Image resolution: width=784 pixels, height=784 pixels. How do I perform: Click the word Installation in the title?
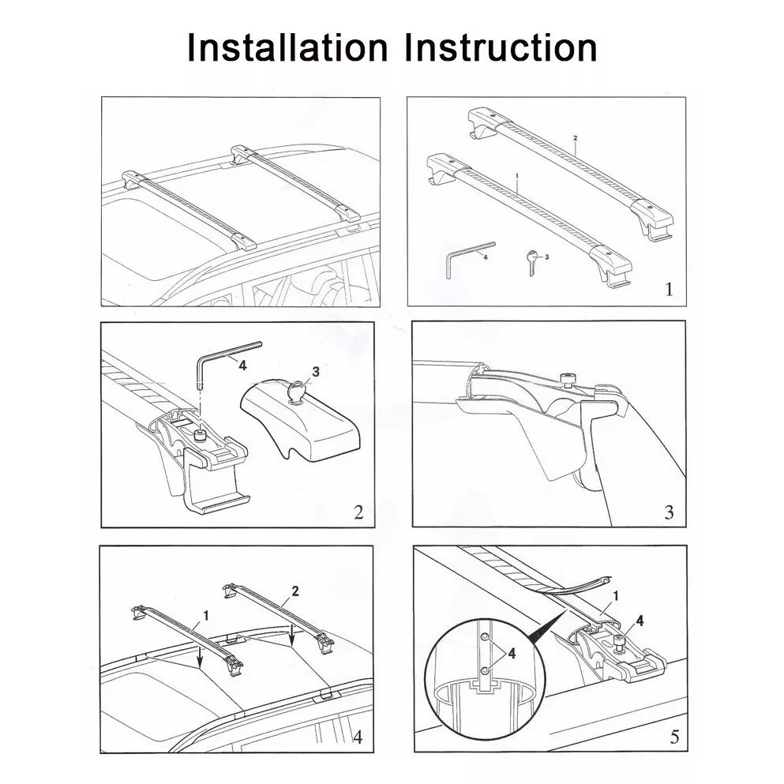pos(287,47)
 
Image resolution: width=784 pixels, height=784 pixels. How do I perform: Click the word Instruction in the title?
pos(501,47)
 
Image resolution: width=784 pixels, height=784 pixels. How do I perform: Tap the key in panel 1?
pos(531,262)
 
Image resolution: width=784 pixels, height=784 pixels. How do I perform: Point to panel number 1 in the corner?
pos(669,289)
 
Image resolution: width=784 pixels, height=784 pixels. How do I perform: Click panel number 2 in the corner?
pos(358,512)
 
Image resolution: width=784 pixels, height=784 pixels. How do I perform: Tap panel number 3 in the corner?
pos(669,512)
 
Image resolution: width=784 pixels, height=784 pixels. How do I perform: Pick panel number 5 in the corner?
pos(674,737)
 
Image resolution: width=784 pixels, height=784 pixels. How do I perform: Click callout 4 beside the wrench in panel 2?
pos(242,366)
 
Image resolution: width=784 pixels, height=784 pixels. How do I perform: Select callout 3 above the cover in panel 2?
pos(316,372)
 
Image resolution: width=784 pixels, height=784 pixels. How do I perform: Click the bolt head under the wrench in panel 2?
pos(201,434)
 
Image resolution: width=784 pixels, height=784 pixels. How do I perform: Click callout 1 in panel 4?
pos(205,616)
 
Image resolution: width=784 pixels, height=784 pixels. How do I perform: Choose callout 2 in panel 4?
pos(295,591)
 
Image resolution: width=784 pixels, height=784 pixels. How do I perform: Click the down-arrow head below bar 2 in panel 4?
pos(291,642)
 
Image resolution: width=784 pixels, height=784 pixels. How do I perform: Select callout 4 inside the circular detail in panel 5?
pos(512,653)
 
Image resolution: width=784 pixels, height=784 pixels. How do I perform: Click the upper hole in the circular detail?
pos(485,637)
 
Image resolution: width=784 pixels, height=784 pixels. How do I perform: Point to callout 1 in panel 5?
pos(616,595)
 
